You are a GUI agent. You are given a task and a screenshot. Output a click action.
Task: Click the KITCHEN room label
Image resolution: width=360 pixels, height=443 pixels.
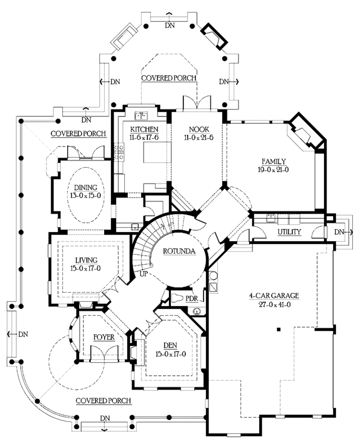tap(144, 129)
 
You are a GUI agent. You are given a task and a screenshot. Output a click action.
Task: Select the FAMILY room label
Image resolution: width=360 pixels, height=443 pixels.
tap(274, 162)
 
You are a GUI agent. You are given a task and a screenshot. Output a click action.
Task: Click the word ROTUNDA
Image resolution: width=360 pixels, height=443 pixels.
tap(179, 251)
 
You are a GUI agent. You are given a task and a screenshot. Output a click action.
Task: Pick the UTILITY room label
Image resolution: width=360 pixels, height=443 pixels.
tap(289, 232)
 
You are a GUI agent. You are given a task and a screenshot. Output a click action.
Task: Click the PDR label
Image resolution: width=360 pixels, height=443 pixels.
tap(192, 299)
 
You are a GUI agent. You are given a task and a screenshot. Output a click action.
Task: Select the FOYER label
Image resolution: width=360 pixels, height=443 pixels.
tap(104, 337)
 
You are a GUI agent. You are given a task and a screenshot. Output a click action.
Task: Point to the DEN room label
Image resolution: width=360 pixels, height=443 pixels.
tap(170, 345)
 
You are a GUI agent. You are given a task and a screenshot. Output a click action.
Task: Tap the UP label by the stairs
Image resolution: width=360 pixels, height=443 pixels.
tap(143, 273)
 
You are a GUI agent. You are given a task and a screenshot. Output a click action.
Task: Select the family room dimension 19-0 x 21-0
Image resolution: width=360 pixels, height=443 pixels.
tap(274, 169)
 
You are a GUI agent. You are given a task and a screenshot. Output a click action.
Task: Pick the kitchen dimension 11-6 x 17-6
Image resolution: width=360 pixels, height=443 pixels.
tap(144, 137)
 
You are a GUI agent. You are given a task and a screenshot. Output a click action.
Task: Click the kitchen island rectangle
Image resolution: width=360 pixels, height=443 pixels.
tap(157, 152)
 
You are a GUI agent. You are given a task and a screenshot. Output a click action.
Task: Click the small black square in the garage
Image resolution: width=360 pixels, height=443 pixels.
tap(278, 330)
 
